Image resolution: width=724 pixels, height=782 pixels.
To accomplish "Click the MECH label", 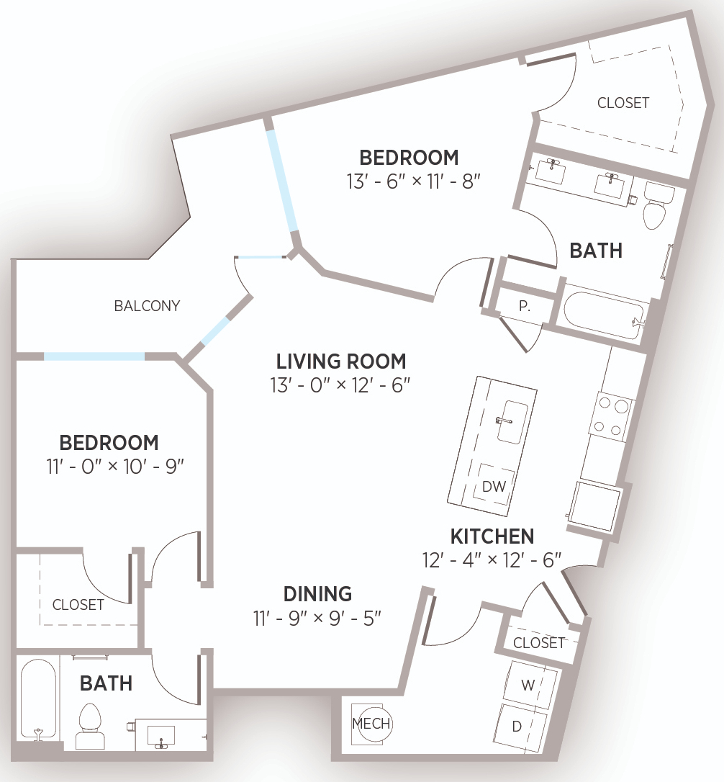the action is tap(371, 723).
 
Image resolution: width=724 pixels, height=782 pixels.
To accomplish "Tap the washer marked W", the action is tap(530, 685).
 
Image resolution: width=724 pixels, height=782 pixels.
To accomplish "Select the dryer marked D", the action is tap(520, 727).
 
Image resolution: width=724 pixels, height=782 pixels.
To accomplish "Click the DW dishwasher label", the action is tap(494, 486).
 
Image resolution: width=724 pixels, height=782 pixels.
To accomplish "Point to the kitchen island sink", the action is tap(512, 422).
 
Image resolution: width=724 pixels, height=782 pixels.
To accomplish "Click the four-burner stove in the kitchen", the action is tap(612, 417).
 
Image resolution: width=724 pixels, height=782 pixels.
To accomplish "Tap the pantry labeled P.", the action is tap(525, 306).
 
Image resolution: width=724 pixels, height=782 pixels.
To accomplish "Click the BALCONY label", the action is tap(147, 306).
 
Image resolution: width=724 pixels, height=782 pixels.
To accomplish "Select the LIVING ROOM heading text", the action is tap(341, 361).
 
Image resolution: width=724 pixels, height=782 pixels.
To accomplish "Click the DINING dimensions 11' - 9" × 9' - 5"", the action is tap(317, 619).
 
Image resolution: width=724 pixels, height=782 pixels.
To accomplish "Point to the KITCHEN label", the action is tap(492, 536).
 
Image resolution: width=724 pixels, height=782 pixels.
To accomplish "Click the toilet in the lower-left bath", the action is tap(90, 726).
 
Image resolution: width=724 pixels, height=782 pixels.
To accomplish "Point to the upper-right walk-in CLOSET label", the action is tap(623, 103).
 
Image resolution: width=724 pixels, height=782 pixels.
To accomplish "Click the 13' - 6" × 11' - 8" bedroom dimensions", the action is tap(413, 181).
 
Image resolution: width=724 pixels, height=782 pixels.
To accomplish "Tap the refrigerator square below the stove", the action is tap(596, 508).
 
